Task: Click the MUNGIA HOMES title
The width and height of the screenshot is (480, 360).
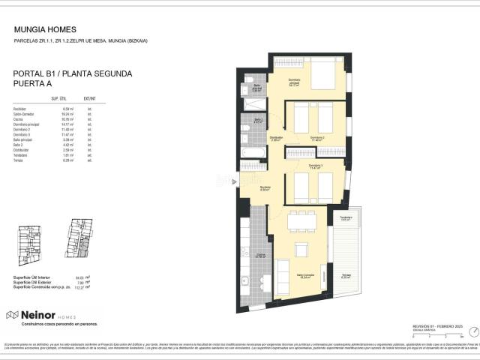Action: (x=45, y=30)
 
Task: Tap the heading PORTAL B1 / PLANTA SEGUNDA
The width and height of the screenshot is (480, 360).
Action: (x=73, y=74)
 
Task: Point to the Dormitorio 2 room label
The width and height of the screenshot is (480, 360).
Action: (x=318, y=138)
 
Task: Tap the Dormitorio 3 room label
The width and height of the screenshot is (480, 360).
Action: (x=315, y=165)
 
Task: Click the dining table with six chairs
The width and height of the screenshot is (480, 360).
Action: (x=301, y=220)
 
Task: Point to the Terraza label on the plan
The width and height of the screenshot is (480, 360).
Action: (x=346, y=274)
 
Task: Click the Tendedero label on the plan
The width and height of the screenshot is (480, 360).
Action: (x=346, y=219)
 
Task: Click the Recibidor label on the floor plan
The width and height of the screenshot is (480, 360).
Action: (x=265, y=188)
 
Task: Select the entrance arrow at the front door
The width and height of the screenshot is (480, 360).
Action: (x=235, y=181)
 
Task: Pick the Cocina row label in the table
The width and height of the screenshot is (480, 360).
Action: (x=19, y=119)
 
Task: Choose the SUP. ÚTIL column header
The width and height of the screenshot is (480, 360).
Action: (x=59, y=98)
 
